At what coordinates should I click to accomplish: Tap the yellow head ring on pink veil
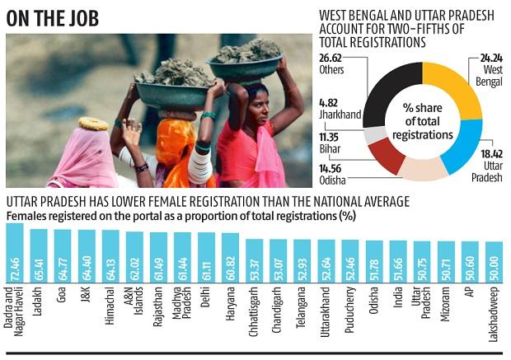[93, 124]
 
